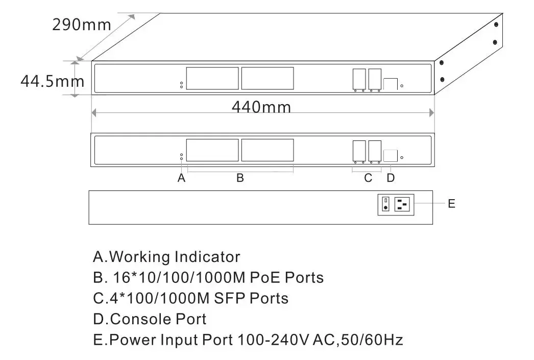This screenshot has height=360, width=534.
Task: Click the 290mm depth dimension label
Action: [x=81, y=25]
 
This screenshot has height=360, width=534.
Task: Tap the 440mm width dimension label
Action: [x=261, y=107]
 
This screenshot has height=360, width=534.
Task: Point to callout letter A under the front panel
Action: [x=181, y=178]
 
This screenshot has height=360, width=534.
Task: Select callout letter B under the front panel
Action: [x=240, y=178]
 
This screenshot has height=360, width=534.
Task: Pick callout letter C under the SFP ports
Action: [x=368, y=178]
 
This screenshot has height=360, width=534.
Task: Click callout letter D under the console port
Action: [x=391, y=178]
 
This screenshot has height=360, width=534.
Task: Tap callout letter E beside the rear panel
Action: [x=451, y=204]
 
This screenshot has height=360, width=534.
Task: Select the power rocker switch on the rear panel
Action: [x=386, y=205]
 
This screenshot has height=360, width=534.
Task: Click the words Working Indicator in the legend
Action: [x=175, y=256]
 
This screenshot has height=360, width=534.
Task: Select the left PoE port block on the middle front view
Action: [x=212, y=150]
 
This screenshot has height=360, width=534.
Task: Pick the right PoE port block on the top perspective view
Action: [x=268, y=79]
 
